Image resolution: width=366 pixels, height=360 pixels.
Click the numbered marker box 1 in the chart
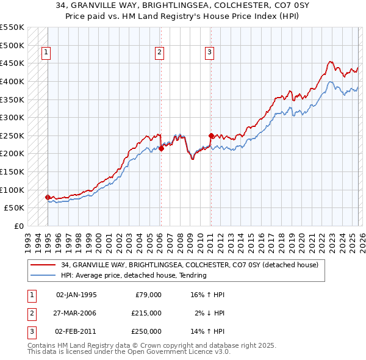click(47, 53)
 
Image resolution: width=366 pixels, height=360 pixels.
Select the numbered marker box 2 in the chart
click(159, 53)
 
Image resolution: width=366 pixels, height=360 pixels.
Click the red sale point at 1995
click(48, 197)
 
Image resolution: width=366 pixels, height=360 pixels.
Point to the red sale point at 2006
click(161, 148)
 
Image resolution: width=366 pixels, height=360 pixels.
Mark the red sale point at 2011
click(210, 135)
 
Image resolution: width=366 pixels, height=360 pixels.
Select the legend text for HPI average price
click(134, 275)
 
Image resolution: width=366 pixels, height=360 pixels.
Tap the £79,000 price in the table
click(148, 295)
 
